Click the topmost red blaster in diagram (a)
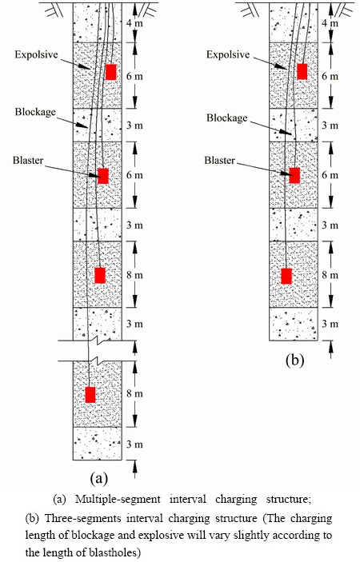coord(110,72)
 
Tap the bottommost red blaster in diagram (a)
coord(90,395)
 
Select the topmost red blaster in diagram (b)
coord(302,72)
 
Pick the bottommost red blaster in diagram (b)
coord(286,276)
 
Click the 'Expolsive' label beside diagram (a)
coord(36,55)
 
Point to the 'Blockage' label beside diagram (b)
coord(226,118)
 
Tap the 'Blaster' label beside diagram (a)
coord(28,160)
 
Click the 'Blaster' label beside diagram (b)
coord(219,160)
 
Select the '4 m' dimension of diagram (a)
coord(134,23)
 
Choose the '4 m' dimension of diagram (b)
coord(330,23)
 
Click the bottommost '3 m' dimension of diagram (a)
coord(134,444)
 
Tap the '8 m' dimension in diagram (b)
coord(330,275)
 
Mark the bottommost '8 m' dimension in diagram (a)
coord(134,393)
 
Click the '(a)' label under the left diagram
coord(99,478)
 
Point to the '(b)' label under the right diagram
coord(294,360)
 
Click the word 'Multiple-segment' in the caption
coord(118,500)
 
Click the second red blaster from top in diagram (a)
coord(103,176)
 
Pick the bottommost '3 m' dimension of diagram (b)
coord(330,324)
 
